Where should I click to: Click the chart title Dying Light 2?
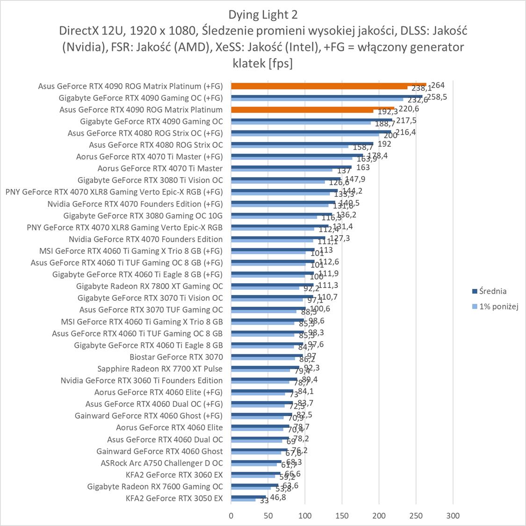click(263, 14)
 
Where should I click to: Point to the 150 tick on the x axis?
click(342, 516)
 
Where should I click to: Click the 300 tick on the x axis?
click(453, 516)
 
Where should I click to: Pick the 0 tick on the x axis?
click(231, 516)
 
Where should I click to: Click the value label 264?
click(438, 85)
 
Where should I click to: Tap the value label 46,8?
click(276, 497)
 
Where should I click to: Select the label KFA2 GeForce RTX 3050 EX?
click(174, 498)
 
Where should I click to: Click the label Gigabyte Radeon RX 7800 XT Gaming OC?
click(150, 286)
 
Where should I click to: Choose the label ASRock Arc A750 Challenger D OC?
click(162, 463)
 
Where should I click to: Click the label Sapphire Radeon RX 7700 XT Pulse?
click(160, 368)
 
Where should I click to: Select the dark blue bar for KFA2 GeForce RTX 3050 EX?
click(248, 497)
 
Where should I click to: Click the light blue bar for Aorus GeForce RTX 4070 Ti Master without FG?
click(281, 170)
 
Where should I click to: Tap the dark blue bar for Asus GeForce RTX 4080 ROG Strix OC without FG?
click(302, 144)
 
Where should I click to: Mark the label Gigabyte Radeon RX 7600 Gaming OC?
click(155, 486)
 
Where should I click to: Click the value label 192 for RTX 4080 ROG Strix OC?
click(384, 144)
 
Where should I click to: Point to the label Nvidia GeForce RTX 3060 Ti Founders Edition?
click(142, 381)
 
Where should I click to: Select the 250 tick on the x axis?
click(416, 516)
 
